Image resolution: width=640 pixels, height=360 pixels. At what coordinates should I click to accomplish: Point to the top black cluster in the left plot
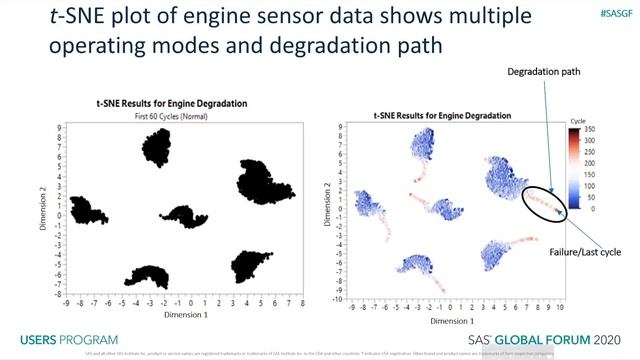click(x=157, y=147)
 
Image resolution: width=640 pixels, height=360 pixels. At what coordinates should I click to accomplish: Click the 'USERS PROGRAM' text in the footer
click(x=69, y=339)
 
